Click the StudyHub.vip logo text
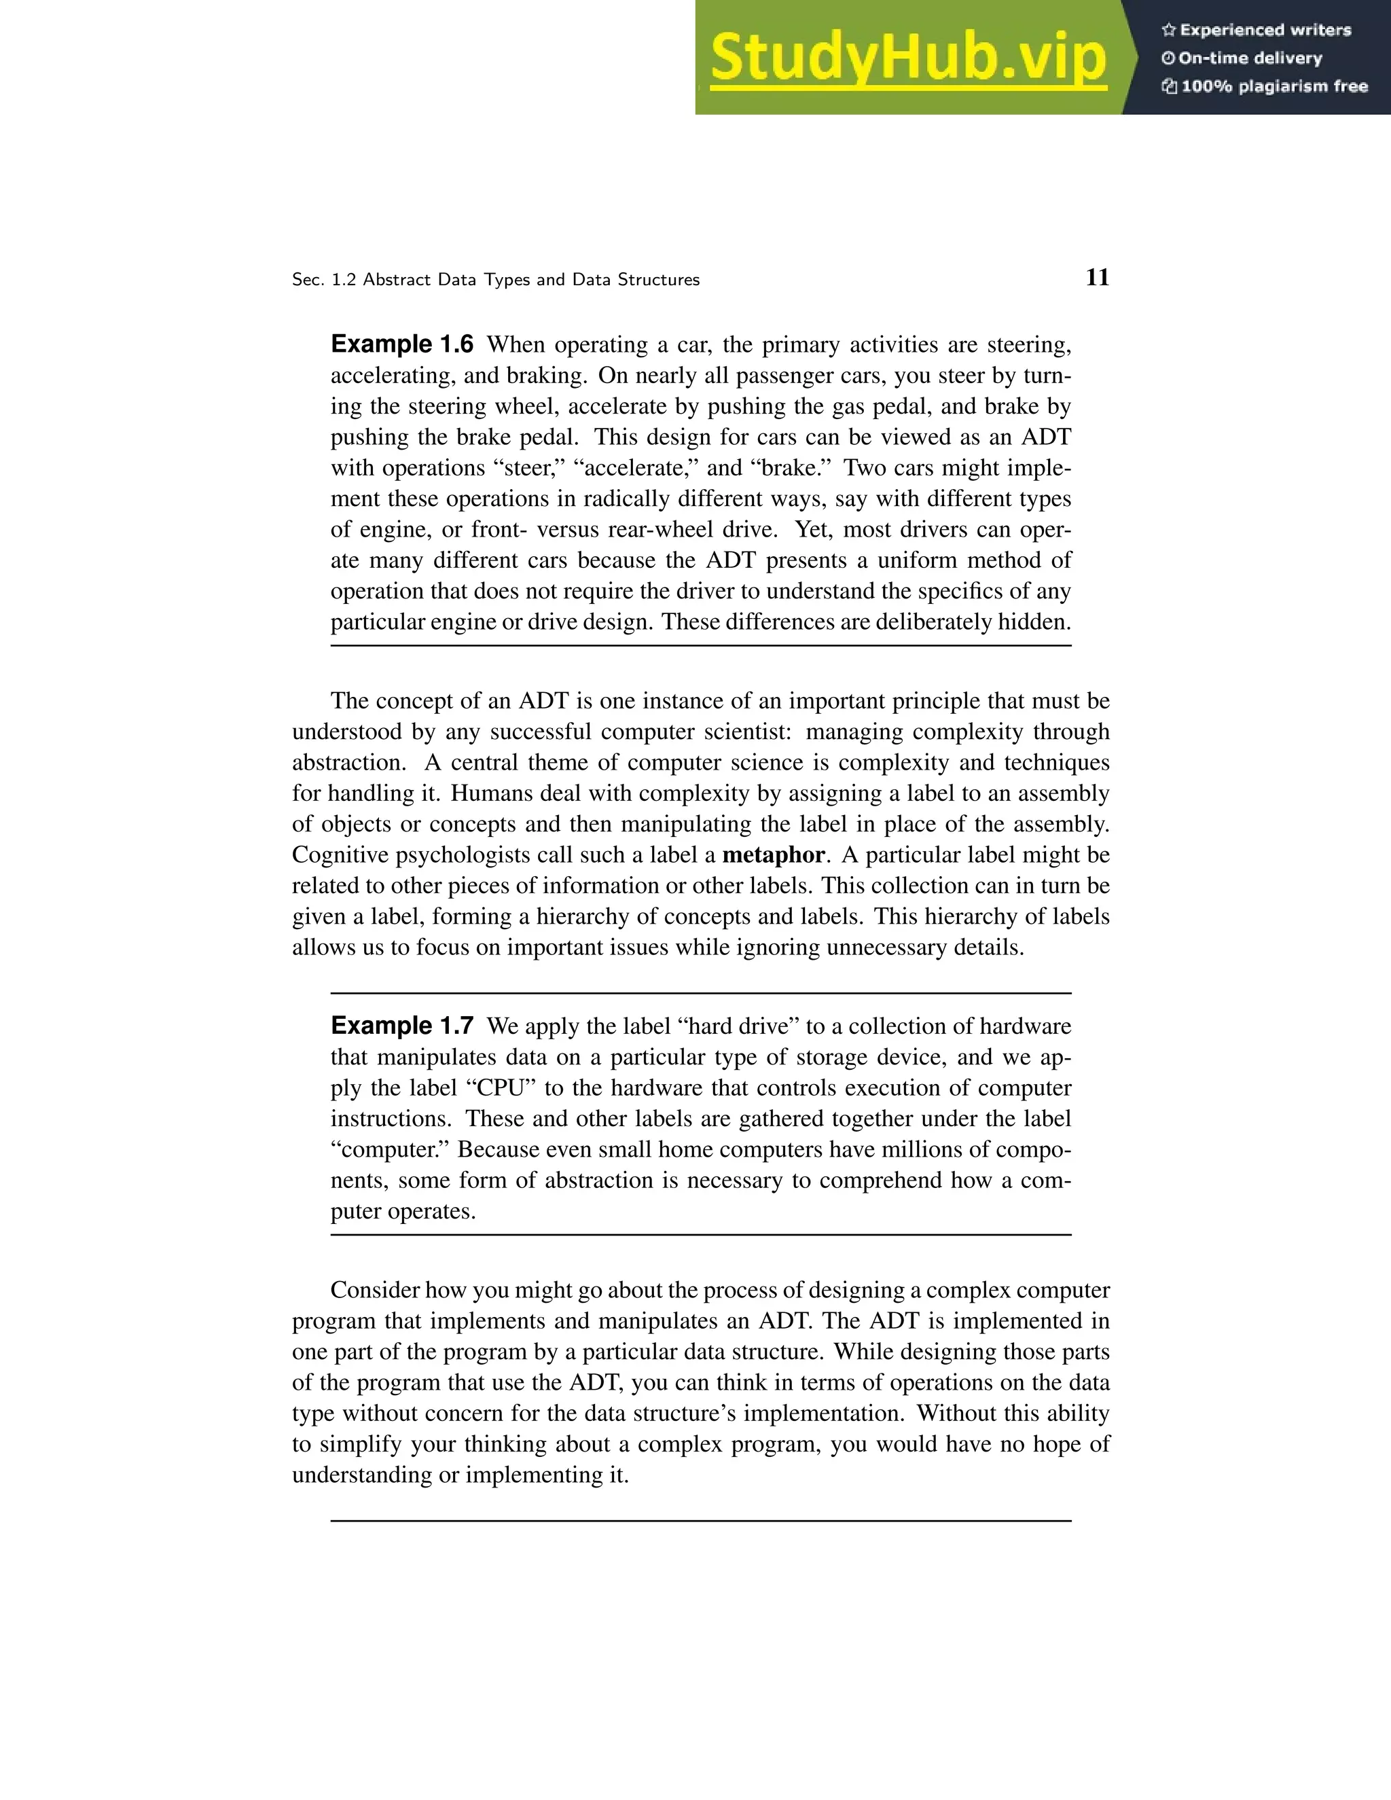[907, 58]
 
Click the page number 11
[1097, 278]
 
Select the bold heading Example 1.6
[402, 344]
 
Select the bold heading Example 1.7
[402, 1026]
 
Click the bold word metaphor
[773, 855]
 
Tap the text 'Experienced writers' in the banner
[1265, 31]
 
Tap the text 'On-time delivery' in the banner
[1250, 58]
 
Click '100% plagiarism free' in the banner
[1274, 86]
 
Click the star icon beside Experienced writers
[1168, 31]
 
